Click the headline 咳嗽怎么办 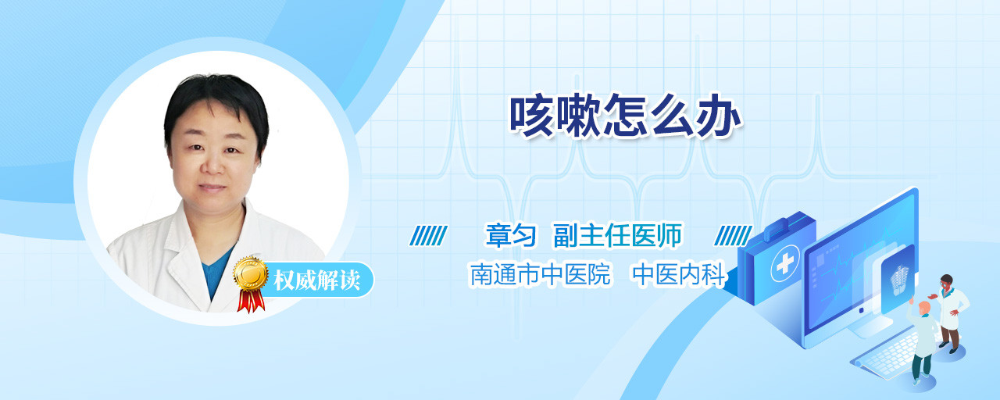[625, 115]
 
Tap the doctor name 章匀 [510, 235]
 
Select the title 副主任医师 [618, 235]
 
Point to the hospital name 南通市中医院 [540, 274]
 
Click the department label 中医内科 [679, 274]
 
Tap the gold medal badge [251, 273]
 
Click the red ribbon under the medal [251, 301]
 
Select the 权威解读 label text [317, 280]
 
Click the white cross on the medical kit [785, 264]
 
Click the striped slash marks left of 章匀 [428, 236]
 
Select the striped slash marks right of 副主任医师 [733, 236]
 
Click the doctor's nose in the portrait [213, 164]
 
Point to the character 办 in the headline [720, 115]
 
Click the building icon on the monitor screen [898, 280]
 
